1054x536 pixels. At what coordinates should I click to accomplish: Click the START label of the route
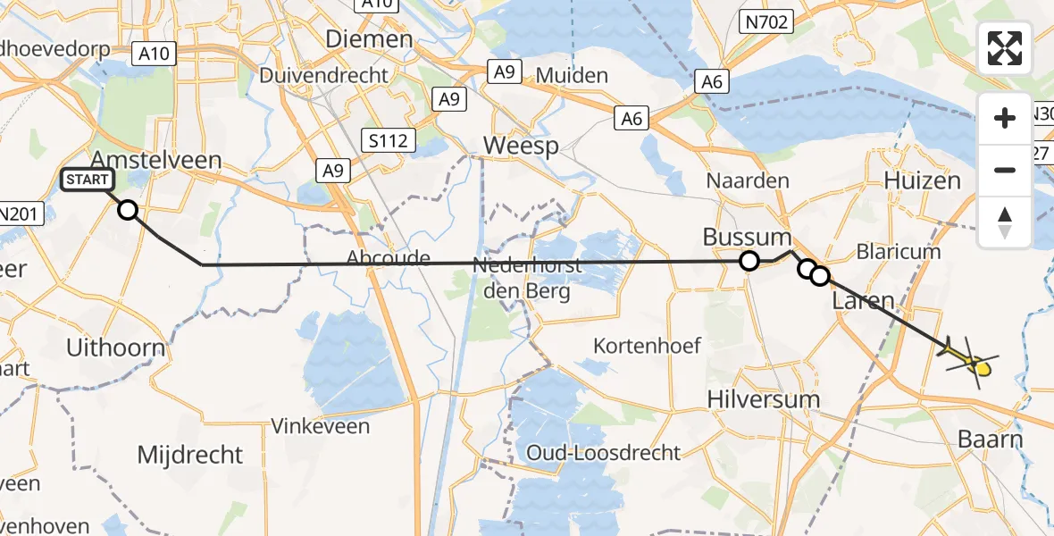pos(87,180)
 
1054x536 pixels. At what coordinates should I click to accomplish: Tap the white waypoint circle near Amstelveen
pos(128,210)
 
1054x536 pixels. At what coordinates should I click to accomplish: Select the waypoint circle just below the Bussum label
pos(749,261)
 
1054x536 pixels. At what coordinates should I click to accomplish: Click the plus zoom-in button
pos(1005,118)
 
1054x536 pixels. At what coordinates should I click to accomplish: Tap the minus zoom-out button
pos(1005,170)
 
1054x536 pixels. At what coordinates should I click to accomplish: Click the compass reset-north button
pos(1005,222)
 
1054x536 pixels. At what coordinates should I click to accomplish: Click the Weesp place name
pos(520,146)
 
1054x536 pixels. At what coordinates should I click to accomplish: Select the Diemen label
pos(369,39)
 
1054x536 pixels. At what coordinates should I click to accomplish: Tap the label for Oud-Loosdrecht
pos(603,453)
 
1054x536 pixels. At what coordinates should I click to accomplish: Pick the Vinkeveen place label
pos(320,426)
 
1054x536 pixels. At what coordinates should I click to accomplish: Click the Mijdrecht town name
pos(189,455)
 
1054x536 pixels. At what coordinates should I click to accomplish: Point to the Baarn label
pos(990,439)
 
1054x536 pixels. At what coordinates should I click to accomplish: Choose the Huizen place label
pos(922,180)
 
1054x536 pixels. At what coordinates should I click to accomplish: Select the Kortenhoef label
pos(647,345)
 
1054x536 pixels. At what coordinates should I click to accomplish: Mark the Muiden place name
pos(572,75)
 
